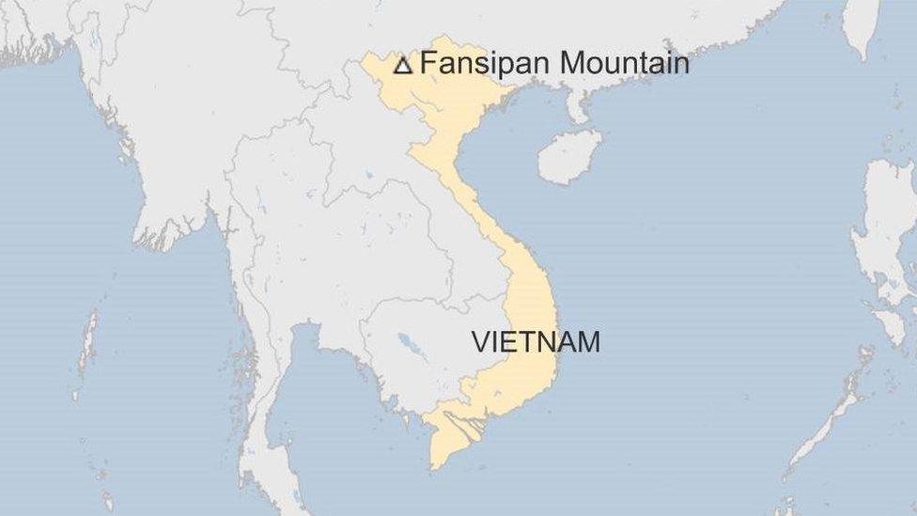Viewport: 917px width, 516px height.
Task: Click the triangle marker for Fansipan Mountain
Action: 402,65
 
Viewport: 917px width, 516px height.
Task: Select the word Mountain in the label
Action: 624,63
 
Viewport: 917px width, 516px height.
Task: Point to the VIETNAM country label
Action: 536,341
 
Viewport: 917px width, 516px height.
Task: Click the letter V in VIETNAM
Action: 480,341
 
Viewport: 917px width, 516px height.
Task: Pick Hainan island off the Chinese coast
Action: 568,156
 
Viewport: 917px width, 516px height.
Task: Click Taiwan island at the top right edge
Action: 861,23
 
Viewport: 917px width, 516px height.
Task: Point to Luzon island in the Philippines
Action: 888,226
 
